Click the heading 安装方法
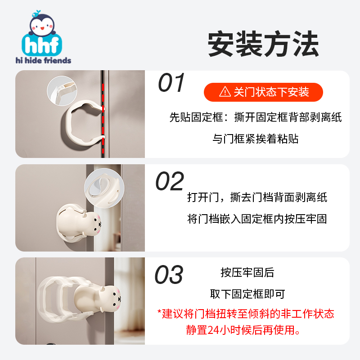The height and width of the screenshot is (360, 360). (x=263, y=44)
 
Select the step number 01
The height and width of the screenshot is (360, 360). (x=171, y=83)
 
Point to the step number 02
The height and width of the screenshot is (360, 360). (x=170, y=182)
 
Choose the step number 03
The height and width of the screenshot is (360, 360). (x=169, y=275)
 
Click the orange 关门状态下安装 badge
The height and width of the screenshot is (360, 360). (x=263, y=92)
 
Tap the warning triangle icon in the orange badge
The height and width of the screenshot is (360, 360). (x=225, y=93)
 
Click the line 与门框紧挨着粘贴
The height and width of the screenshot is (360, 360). (x=256, y=139)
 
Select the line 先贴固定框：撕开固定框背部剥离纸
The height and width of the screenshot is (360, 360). (x=256, y=118)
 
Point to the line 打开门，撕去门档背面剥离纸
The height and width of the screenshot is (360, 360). (x=257, y=198)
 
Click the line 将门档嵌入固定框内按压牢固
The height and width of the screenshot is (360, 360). (x=257, y=219)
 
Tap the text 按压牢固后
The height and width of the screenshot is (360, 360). (x=247, y=273)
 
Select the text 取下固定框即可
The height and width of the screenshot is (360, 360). (x=247, y=294)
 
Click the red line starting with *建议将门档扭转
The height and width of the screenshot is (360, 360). (x=246, y=313)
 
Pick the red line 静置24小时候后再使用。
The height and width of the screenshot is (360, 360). (x=246, y=330)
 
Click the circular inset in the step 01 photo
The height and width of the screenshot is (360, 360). (x=62, y=90)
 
